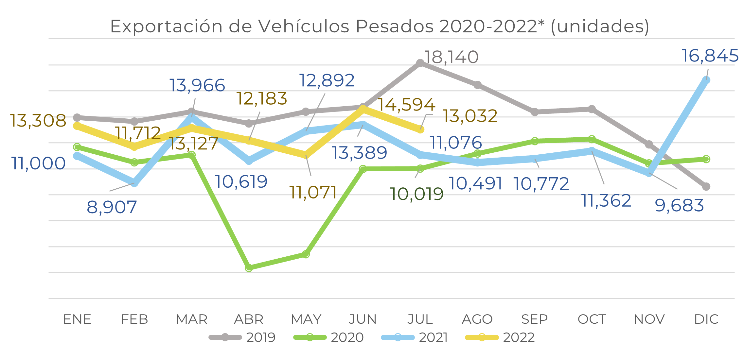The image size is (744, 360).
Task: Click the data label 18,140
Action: [x=451, y=57]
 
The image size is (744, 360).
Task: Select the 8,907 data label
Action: [x=112, y=207]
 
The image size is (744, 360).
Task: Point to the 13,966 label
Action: [x=197, y=85]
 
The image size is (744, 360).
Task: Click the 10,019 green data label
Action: [x=416, y=194]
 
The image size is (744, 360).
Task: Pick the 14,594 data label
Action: [x=406, y=105]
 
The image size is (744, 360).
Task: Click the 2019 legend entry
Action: [x=243, y=337]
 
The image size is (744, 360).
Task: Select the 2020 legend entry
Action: [x=329, y=337]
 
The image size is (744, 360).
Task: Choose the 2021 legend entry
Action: [x=415, y=337]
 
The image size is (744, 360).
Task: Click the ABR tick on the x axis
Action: [x=249, y=319]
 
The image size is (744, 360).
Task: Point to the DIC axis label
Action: [x=706, y=319]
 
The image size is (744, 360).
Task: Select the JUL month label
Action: [x=420, y=319]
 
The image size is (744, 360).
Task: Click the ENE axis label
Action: [x=77, y=319]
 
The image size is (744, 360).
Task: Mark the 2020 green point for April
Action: [x=249, y=268]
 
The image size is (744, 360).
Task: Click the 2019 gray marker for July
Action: [x=420, y=63]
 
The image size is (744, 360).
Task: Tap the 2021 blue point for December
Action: [x=706, y=80]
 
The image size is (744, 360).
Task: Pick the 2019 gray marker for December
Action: [x=706, y=187]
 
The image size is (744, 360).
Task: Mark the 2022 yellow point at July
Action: [x=420, y=130]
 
